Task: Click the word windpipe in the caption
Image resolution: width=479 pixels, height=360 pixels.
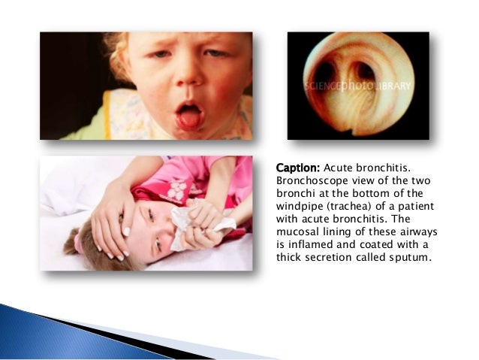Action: click(303, 206)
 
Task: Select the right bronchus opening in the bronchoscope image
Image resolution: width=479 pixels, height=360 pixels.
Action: click(366, 74)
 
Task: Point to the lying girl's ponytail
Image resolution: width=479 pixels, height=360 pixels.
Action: click(73, 243)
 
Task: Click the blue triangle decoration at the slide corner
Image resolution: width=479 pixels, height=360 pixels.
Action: click(45, 331)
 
